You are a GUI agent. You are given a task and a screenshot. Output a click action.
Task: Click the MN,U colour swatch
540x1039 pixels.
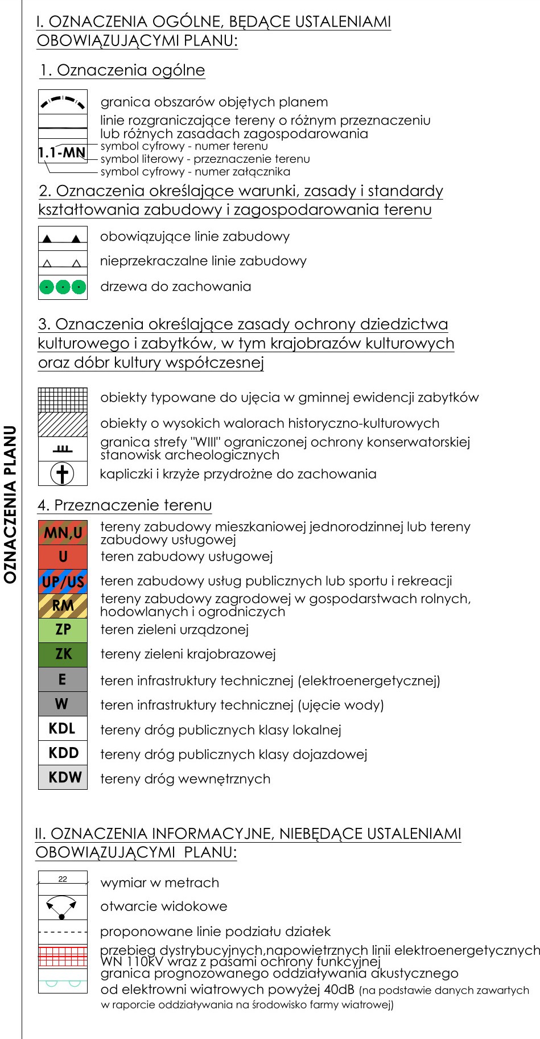[63, 533]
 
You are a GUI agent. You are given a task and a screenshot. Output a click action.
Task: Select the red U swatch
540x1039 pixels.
[63, 557]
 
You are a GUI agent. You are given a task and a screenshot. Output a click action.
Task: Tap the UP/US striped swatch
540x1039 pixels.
[63, 582]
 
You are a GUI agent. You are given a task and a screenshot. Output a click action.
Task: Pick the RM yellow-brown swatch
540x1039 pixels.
[63, 605]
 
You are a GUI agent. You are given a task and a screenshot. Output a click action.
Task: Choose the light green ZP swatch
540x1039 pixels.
[63, 630]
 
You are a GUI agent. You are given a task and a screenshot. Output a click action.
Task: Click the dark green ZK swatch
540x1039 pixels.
[63, 654]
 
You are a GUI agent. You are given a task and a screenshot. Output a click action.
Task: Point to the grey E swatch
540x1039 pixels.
[63, 679]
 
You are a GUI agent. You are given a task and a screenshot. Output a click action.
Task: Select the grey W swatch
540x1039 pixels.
[63, 704]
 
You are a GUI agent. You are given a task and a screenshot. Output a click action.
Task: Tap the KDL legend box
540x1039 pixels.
[63, 728]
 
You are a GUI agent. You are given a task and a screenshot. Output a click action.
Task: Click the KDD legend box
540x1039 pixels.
[63, 753]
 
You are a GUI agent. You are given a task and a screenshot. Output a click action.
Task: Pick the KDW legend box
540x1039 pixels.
[63, 777]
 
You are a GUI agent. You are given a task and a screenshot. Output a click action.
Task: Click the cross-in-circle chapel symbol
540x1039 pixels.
[63, 473]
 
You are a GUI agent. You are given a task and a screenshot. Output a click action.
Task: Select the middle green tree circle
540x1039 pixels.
[63, 287]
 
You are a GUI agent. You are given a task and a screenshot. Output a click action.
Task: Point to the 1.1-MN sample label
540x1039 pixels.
[62, 152]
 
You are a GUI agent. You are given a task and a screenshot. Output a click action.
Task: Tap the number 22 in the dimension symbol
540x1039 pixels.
[63, 879]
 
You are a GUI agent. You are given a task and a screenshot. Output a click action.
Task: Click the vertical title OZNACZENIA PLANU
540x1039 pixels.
[10, 504]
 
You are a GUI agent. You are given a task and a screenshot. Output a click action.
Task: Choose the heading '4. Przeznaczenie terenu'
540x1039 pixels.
[125, 505]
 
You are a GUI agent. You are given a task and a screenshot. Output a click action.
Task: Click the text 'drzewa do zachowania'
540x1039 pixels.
[175, 286]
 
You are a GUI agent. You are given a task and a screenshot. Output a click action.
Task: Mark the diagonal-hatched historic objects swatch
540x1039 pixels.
[63, 424]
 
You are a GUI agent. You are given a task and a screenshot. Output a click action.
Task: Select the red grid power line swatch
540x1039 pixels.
[63, 956]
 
